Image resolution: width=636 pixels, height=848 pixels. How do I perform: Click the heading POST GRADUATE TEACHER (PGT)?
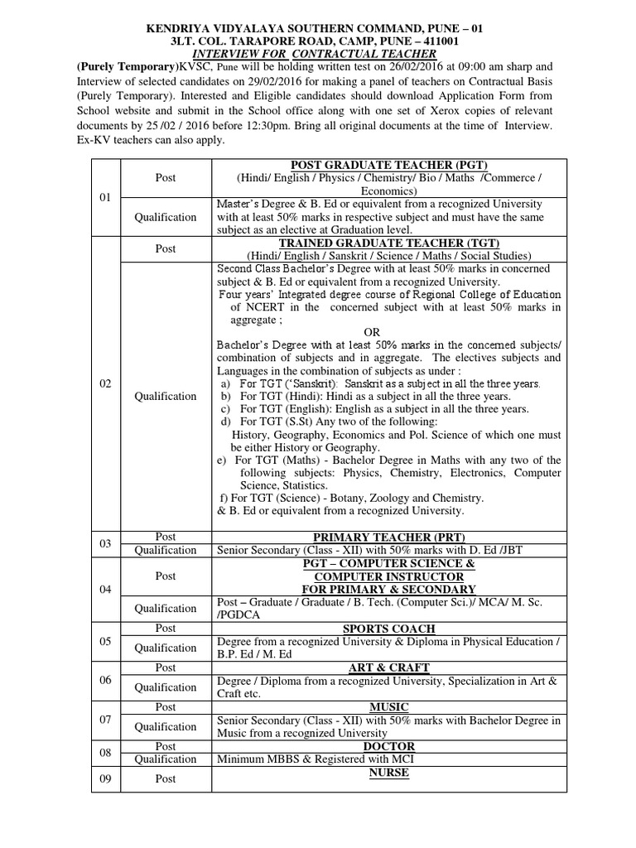pos(388,165)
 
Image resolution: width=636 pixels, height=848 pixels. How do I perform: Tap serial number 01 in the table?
pos(105,198)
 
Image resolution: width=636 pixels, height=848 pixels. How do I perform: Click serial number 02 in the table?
pos(105,383)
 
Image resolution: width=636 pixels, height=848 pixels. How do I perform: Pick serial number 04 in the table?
pos(105,589)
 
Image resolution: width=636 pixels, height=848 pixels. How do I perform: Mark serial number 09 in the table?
pos(105,778)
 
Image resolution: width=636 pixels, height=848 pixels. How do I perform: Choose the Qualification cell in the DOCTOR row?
pos(166,759)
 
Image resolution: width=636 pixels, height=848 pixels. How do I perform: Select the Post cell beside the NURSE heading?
pos(166,778)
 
